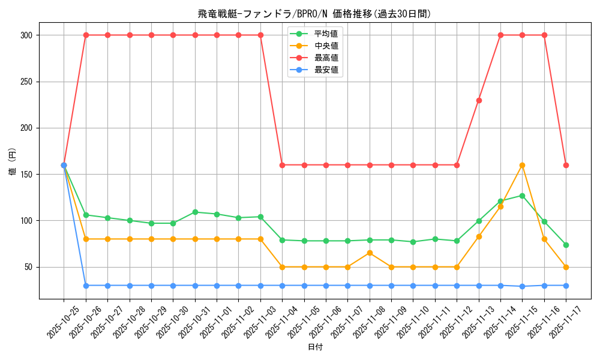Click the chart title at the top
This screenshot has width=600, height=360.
314,14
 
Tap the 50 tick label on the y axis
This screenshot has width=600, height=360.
29,267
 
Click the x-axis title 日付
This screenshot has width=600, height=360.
315,347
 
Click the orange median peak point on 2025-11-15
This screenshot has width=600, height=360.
522,165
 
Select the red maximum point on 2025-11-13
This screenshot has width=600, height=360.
479,100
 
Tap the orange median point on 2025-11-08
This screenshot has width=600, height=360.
370,253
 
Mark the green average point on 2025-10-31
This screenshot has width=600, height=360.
195,212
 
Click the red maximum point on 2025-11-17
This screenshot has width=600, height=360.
566,165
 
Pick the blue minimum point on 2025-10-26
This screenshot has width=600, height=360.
86,286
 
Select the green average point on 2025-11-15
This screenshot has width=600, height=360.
522,196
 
